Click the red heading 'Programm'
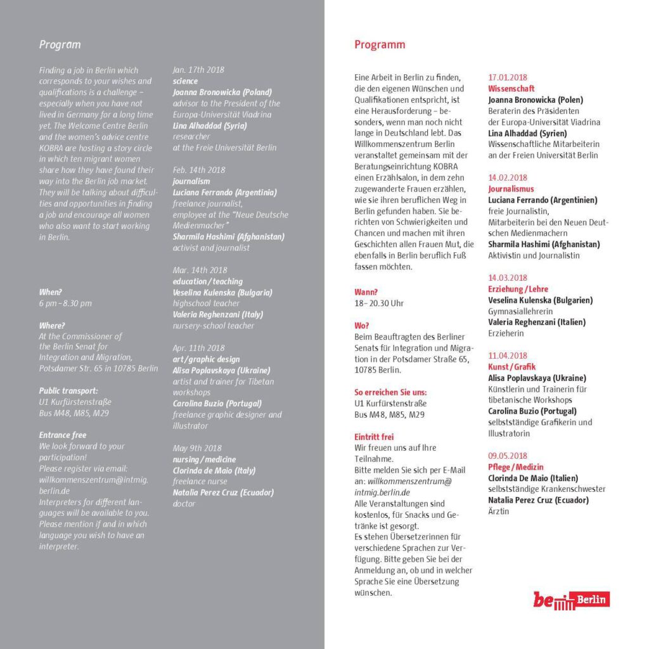380,44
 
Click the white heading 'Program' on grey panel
60,44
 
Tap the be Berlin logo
571,599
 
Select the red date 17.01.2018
508,77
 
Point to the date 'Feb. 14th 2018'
199,170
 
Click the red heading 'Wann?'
366,292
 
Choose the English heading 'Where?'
51,325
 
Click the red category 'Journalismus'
511,189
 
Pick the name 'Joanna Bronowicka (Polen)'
536,100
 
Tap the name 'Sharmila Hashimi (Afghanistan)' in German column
544,244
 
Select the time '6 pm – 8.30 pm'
65,303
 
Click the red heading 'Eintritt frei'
374,437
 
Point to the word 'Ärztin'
499,511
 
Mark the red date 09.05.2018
508,456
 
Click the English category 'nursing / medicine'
204,459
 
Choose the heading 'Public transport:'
68,390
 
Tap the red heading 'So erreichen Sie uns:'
390,392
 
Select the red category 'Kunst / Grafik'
512,367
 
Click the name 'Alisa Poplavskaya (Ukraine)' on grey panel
221,370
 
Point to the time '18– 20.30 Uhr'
379,303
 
